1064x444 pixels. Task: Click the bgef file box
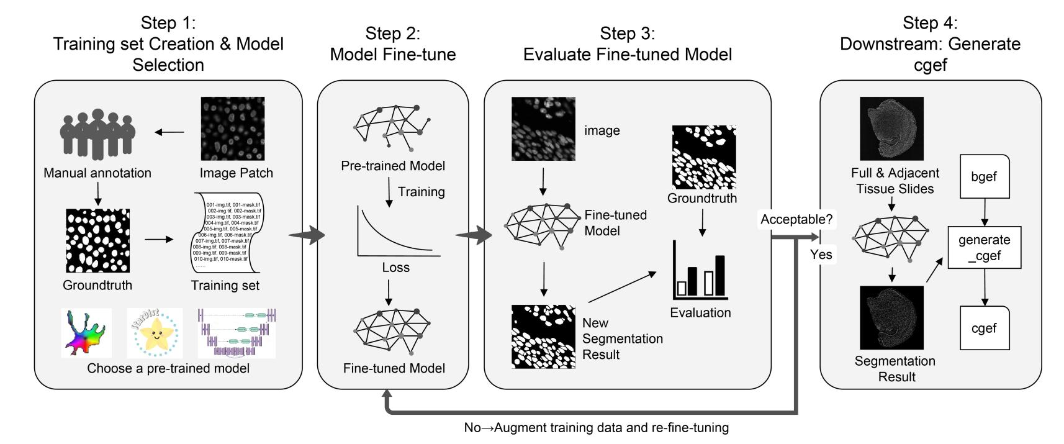pos(984,176)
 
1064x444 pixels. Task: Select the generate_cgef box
pos(984,248)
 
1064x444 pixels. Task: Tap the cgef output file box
pos(984,328)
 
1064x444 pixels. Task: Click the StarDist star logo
pos(155,333)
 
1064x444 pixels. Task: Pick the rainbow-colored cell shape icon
pos(86,333)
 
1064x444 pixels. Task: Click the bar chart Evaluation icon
pos(700,271)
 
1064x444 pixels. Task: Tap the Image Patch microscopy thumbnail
pos(233,129)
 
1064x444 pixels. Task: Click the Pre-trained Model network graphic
pos(392,127)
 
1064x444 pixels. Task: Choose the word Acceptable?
pos(796,219)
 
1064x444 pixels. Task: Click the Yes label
pos(821,255)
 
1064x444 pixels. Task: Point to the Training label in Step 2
pos(421,192)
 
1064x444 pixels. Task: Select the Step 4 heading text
pos(930,43)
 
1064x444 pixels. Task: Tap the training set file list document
pos(226,233)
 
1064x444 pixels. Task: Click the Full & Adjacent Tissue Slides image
pos(891,129)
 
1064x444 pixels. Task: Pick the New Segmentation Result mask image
pos(543,337)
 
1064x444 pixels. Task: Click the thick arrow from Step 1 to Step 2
pos(309,235)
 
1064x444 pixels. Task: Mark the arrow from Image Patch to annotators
pos(169,132)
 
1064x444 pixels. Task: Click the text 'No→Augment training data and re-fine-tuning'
pos(596,428)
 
